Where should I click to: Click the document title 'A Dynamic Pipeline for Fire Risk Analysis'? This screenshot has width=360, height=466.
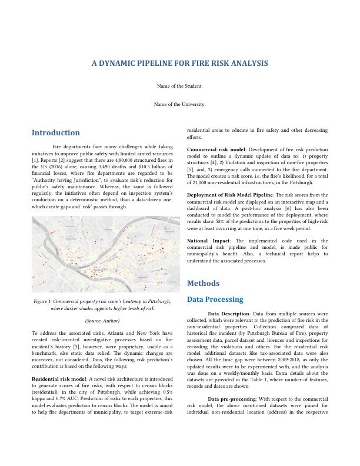(x=179, y=63)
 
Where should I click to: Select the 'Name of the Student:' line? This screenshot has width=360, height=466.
(x=179, y=86)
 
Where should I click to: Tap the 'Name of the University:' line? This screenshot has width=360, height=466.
(x=179, y=104)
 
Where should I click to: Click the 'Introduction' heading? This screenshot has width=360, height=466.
(x=56, y=133)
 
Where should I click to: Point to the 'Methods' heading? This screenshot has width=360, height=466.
(x=203, y=283)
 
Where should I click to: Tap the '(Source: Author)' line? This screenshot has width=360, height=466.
(x=102, y=321)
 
